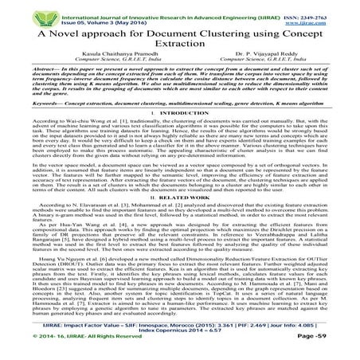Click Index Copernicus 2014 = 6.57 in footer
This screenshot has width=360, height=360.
point(179,339)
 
